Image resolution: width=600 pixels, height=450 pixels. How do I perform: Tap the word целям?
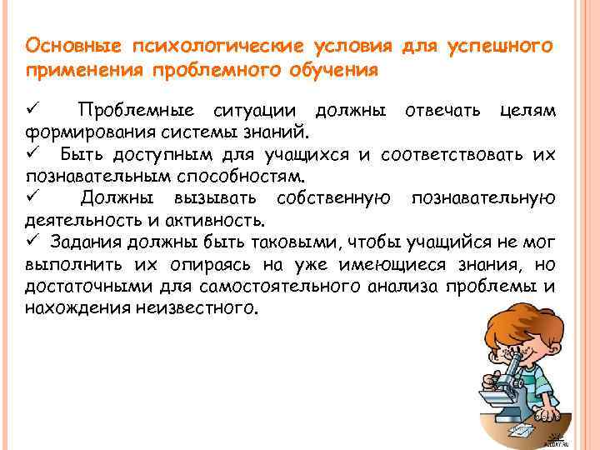point(528,111)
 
